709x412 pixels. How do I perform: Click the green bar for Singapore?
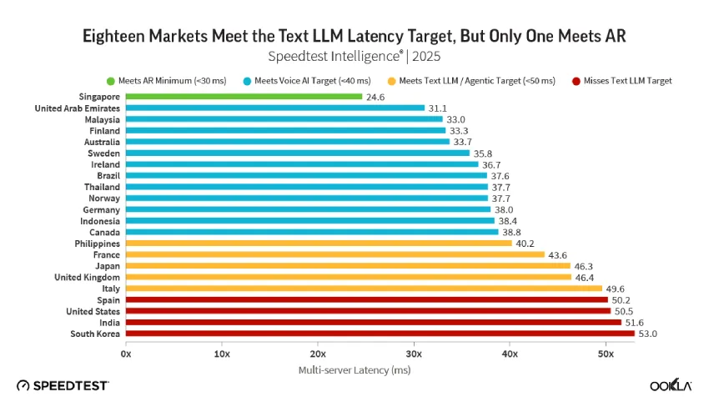coord(244,97)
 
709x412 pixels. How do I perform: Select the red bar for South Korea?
coord(380,334)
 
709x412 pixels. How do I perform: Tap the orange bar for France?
coord(335,254)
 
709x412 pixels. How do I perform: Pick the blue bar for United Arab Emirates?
coord(275,108)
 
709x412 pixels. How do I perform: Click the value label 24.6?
coord(375,98)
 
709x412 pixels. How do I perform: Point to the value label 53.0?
coord(647,334)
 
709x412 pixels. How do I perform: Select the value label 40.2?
coord(525,244)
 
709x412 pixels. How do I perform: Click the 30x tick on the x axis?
coord(414,354)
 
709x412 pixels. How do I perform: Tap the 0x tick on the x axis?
coord(126,354)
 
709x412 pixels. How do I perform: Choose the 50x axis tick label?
coord(606,354)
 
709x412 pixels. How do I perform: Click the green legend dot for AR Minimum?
coord(111,82)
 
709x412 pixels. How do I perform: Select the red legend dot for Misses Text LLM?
coord(576,82)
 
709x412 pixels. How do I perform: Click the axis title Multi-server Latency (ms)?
coord(354,370)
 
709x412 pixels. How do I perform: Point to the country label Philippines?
coord(98,244)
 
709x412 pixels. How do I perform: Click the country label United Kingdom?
coord(88,277)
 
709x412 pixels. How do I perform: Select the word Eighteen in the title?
coord(113,36)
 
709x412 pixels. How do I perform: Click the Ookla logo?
coord(671,385)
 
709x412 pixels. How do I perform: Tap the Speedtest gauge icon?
coord(23,386)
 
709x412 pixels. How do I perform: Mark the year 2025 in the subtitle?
coord(426,57)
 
